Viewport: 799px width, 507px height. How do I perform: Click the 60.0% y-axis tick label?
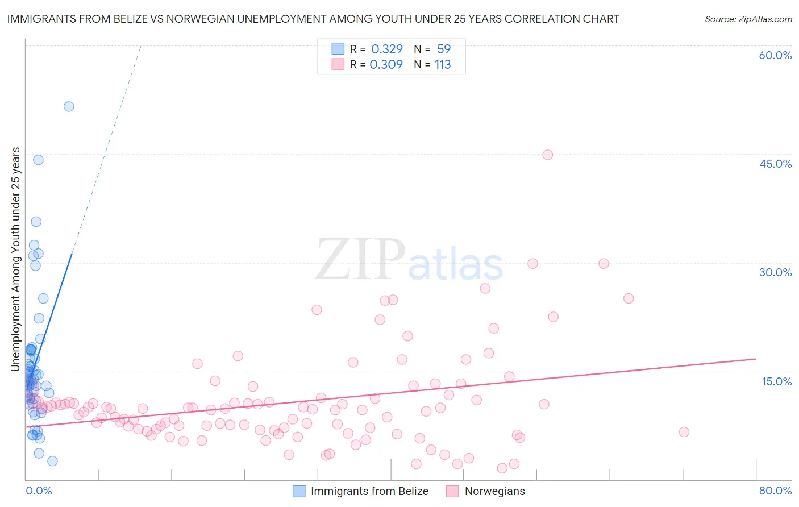coord(775,55)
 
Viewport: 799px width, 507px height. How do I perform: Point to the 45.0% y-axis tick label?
coord(775,164)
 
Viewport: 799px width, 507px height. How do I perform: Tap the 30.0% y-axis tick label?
coord(775,272)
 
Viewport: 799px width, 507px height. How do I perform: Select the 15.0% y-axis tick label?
coord(776,381)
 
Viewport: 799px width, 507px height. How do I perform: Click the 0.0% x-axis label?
coord(39,491)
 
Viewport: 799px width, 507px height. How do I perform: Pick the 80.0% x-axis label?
coord(775,491)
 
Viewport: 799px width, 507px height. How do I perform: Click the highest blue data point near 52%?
coord(69,106)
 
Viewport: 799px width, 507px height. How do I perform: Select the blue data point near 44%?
coord(38,160)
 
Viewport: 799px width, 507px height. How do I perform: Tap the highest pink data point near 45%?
coord(547,155)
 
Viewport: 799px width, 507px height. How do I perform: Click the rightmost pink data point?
coord(684,432)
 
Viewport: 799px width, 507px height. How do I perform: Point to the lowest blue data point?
coord(52,461)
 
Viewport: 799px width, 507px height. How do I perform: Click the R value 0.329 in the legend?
coord(387,49)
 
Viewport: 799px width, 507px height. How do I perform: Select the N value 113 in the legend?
coord(443,65)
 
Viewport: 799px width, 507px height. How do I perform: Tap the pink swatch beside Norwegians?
coord(452,491)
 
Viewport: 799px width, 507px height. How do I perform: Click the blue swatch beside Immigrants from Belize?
coord(299,491)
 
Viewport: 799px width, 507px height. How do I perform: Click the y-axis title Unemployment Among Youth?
coord(15,259)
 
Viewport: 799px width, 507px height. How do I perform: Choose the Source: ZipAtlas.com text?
coord(748,19)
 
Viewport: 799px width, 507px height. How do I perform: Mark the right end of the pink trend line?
coord(756,359)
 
